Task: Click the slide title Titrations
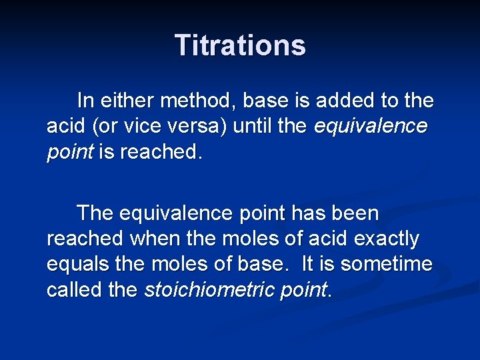tap(240, 45)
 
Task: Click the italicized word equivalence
tap(371, 127)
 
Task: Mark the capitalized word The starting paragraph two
tap(95, 214)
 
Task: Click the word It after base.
tap(307, 264)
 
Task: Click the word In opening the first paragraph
tap(85, 101)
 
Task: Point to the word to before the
tap(389, 101)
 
